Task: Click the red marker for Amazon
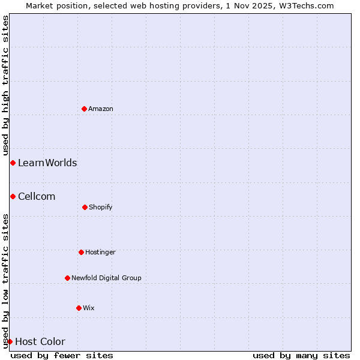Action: coord(84,109)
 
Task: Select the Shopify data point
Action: coord(85,207)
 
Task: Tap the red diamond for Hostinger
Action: coord(81,252)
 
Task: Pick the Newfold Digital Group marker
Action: coord(67,278)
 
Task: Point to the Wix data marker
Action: coord(79,308)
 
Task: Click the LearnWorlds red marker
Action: coord(13,163)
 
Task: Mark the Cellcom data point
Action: coord(13,196)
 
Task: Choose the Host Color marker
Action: coord(10,341)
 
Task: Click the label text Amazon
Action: coord(101,109)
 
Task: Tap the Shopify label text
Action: coord(101,207)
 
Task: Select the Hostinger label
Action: coord(100,252)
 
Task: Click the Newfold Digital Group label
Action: coord(106,278)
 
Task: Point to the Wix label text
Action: coord(89,308)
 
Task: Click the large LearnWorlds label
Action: coord(47,163)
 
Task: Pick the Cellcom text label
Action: coord(37,196)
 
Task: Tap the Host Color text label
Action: coord(40,341)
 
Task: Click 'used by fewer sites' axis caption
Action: coord(62,355)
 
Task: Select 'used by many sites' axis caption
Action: coord(301,355)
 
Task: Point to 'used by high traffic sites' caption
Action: coord(5,85)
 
